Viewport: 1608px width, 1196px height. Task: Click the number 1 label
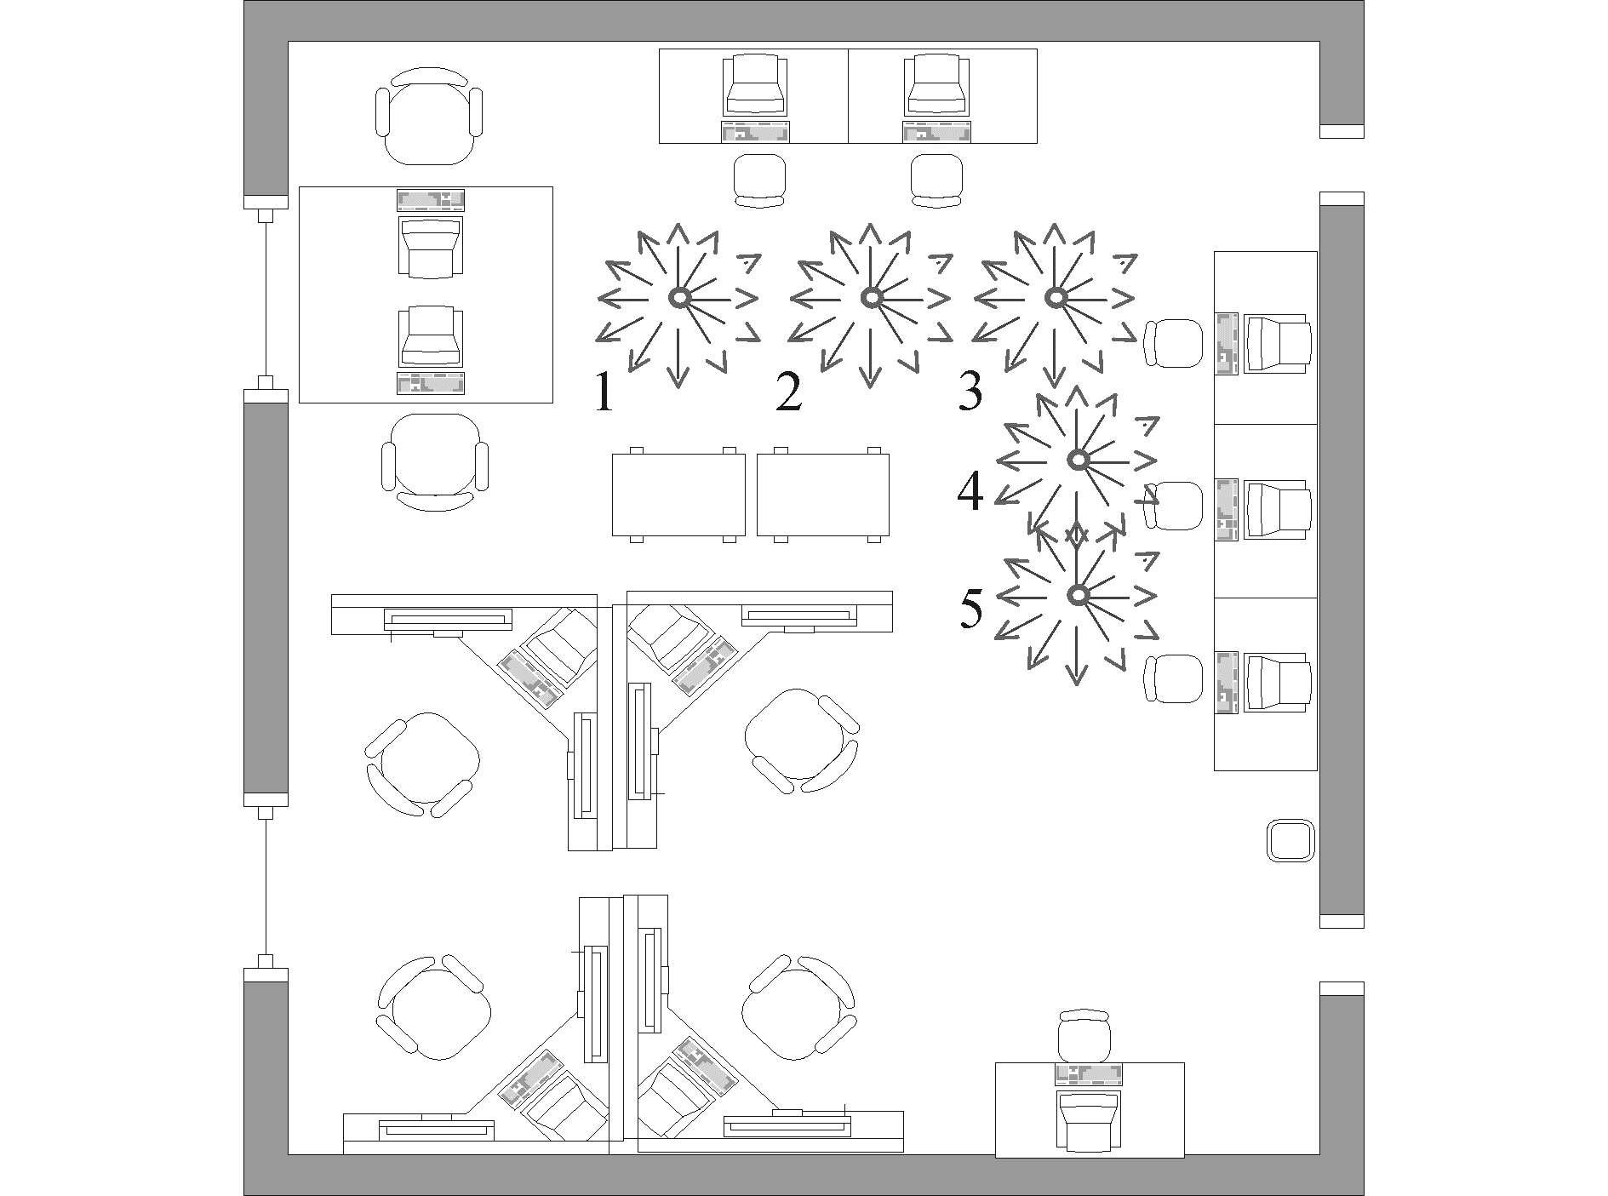pyautogui.click(x=604, y=392)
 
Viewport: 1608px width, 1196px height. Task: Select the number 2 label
pyautogui.click(x=789, y=392)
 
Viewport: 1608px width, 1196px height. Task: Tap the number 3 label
pyautogui.click(x=970, y=391)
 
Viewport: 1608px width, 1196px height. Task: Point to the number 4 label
pyautogui.click(x=970, y=492)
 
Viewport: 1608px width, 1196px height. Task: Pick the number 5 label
pyautogui.click(x=971, y=608)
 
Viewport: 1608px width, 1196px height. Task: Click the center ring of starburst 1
pyautogui.click(x=678, y=297)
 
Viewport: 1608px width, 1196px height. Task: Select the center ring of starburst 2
pyautogui.click(x=870, y=297)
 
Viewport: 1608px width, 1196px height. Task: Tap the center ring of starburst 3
pyautogui.click(x=1056, y=297)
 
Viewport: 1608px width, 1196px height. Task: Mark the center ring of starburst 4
pyautogui.click(x=1078, y=460)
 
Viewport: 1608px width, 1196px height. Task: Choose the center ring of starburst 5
pyautogui.click(x=1078, y=594)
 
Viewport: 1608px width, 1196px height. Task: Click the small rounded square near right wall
pyautogui.click(x=1290, y=841)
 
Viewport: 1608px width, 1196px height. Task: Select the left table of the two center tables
pyautogui.click(x=678, y=494)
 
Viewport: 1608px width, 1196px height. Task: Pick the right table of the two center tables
pyautogui.click(x=823, y=494)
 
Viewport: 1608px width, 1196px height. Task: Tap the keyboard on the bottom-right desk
pyautogui.click(x=1088, y=1074)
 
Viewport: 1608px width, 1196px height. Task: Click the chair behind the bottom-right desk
pyautogui.click(x=1084, y=1036)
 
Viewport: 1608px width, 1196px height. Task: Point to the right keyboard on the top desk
pyautogui.click(x=936, y=132)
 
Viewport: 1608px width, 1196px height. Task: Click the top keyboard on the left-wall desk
pyautogui.click(x=431, y=200)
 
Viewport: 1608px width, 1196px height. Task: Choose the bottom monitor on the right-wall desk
pyautogui.click(x=1277, y=682)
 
